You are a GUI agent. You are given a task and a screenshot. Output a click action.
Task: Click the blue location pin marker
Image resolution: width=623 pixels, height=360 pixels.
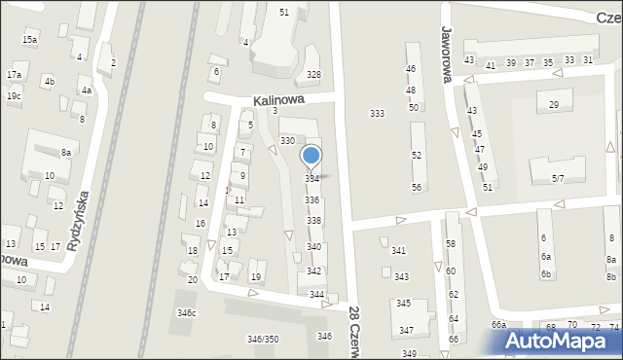(x=311, y=157)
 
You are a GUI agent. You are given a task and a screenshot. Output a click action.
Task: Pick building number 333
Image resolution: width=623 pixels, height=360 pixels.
(x=377, y=114)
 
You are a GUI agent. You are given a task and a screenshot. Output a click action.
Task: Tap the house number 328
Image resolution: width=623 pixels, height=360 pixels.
(x=313, y=75)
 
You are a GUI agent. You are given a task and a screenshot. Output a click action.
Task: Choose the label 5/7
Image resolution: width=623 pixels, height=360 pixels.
(x=559, y=178)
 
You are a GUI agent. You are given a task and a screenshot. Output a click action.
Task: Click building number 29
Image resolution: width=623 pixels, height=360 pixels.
(x=554, y=105)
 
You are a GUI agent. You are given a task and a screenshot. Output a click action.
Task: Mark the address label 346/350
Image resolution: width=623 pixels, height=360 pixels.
(x=262, y=339)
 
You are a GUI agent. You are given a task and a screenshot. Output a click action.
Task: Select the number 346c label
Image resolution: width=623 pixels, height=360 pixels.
(x=186, y=312)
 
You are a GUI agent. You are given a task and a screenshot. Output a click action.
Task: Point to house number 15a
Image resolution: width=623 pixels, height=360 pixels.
(x=30, y=40)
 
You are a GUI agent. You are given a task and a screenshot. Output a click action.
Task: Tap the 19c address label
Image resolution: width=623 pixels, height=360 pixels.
(x=14, y=96)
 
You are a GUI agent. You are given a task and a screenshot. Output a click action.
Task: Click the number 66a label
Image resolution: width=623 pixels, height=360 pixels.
(x=498, y=325)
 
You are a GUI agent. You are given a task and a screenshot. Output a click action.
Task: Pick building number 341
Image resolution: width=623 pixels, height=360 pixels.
(x=398, y=251)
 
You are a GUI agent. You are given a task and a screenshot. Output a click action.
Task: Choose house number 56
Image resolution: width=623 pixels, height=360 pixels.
(x=416, y=187)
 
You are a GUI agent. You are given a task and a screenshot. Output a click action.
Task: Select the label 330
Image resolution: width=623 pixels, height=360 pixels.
(x=287, y=141)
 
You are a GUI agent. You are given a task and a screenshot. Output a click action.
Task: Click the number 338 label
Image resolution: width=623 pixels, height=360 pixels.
(x=313, y=221)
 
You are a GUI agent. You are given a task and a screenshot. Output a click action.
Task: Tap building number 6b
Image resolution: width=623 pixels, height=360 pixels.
(x=546, y=274)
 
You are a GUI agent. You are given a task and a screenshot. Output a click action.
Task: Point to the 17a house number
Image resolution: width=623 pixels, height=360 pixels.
(x=14, y=75)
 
